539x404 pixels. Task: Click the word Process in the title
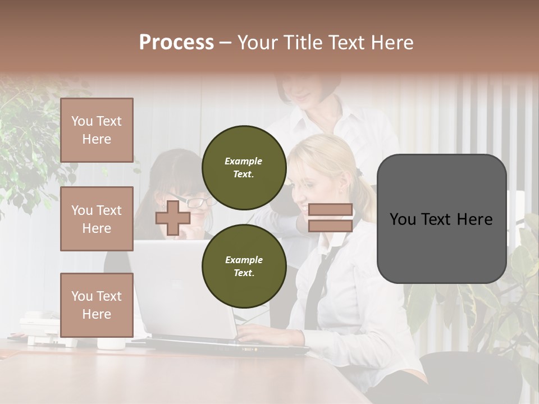pyautogui.click(x=176, y=43)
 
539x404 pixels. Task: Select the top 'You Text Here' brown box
pyautogui.click(x=97, y=130)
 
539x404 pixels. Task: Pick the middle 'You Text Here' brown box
pyautogui.click(x=97, y=219)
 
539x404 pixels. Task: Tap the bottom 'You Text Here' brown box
pyautogui.click(x=97, y=305)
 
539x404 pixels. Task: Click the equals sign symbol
pyautogui.click(x=330, y=218)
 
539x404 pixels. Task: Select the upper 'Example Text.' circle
pyautogui.click(x=244, y=167)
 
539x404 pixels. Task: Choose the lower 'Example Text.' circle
pyautogui.click(x=244, y=266)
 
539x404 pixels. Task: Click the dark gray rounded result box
pyautogui.click(x=441, y=219)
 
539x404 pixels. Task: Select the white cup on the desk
pyautogui.click(x=111, y=343)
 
